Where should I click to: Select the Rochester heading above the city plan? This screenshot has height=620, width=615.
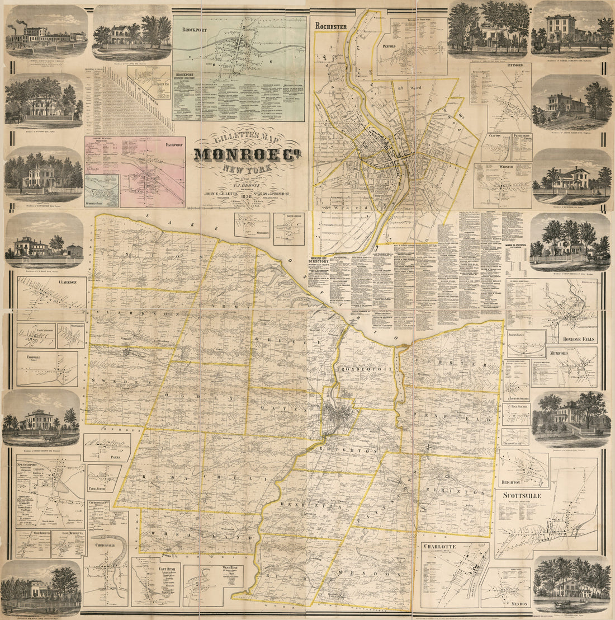point(332,26)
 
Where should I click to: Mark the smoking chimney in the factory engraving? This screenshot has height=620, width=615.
point(21,24)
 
